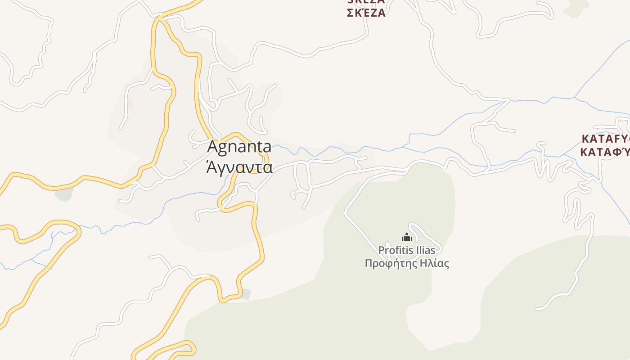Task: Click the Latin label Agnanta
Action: click(x=239, y=147)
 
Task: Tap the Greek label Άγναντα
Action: click(x=239, y=167)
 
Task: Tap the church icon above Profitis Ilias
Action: click(x=407, y=237)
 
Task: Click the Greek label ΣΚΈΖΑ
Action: click(x=366, y=13)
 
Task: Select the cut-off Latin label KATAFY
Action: click(x=606, y=139)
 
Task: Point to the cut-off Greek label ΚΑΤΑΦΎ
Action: click(x=606, y=152)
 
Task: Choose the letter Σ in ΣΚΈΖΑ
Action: click(x=351, y=13)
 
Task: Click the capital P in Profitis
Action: click(x=381, y=250)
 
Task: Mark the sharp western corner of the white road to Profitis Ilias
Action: click(x=346, y=214)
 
